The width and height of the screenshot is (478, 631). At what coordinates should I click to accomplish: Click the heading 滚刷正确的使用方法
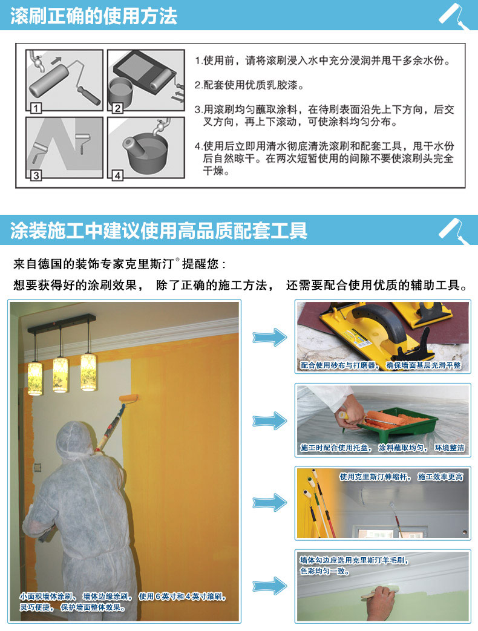tap(93, 16)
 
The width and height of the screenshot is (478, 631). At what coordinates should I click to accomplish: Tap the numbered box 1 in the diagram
tap(36, 108)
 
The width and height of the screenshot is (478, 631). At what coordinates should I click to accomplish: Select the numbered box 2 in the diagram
tap(117, 108)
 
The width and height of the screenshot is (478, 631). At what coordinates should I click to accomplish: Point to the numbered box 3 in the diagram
tap(36, 175)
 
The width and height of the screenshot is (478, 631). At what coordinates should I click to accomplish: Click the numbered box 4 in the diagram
tap(117, 175)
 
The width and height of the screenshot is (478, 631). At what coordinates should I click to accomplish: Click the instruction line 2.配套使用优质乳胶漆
tap(249, 85)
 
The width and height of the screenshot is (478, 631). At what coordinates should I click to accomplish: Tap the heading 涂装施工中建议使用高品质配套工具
tap(159, 230)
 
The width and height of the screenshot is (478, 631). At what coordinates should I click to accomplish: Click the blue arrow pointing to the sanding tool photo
tap(270, 337)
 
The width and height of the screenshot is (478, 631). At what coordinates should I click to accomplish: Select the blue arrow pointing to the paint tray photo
tap(270, 421)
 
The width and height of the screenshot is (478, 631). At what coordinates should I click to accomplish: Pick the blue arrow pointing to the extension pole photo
tap(270, 502)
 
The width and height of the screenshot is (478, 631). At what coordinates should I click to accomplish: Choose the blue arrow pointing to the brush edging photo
tap(270, 586)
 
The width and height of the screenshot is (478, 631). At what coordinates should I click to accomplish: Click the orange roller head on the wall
tap(128, 398)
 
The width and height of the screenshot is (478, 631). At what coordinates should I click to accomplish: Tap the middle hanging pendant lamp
tap(61, 374)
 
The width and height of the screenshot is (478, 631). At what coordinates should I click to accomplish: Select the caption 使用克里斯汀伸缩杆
tap(375, 477)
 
